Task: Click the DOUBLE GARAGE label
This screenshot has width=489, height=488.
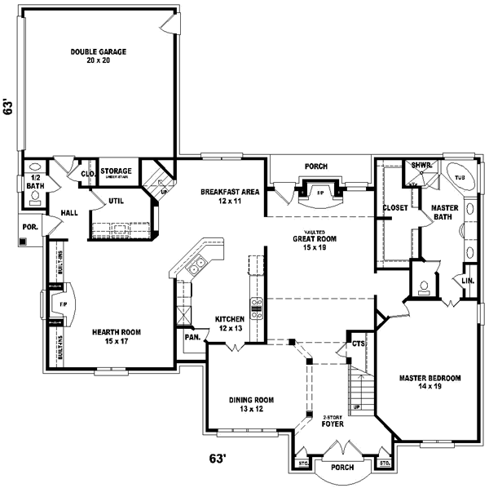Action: pyautogui.click(x=98, y=55)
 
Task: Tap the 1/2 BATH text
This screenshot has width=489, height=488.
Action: pyautogui.click(x=35, y=181)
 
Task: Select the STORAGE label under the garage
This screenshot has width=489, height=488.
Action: pyautogui.click(x=117, y=171)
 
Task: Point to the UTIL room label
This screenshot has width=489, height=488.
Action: pyautogui.click(x=116, y=200)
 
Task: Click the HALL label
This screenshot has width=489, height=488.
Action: pyautogui.click(x=68, y=213)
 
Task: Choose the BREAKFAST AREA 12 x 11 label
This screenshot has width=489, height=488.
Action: pyautogui.click(x=230, y=196)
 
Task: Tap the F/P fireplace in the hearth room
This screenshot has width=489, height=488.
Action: pyautogui.click(x=62, y=304)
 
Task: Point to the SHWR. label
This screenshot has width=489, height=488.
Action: pyautogui.click(x=421, y=165)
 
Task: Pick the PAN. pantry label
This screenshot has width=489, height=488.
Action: pyautogui.click(x=193, y=336)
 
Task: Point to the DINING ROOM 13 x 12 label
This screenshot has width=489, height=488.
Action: pyautogui.click(x=252, y=404)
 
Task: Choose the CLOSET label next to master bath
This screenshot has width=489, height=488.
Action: pyautogui.click(x=395, y=208)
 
